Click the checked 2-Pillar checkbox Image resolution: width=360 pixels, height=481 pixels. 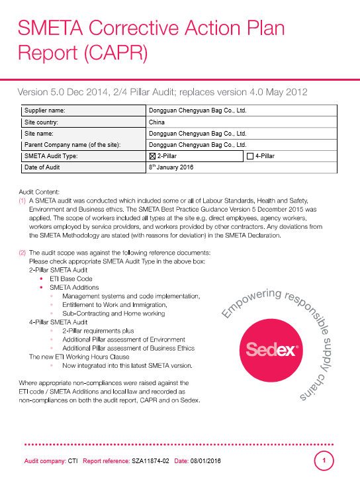click(153, 156)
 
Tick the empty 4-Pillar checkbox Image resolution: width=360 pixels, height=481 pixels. click(249, 156)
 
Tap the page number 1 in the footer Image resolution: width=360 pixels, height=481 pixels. click(324, 460)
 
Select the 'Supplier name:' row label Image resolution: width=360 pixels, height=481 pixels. click(49, 111)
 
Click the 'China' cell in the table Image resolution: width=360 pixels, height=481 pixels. click(157, 122)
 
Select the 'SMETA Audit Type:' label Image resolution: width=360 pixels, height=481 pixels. click(53, 156)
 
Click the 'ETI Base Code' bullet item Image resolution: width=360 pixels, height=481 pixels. click(71, 279)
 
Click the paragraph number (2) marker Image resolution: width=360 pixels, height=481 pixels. click(22, 252)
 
